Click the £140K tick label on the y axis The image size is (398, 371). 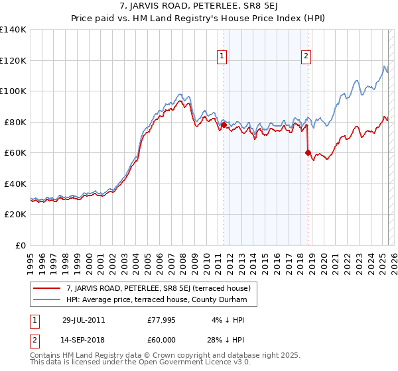pyautogui.click(x=13, y=30)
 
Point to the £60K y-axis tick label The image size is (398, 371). pyautogui.click(x=15, y=153)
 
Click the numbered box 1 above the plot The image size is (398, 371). pyautogui.click(x=222, y=57)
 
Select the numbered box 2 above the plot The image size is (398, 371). pyautogui.click(x=306, y=57)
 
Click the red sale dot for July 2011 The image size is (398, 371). pyautogui.click(x=224, y=125)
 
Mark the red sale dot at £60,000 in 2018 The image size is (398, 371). pyautogui.click(x=308, y=152)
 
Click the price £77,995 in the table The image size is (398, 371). pyautogui.click(x=162, y=320)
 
